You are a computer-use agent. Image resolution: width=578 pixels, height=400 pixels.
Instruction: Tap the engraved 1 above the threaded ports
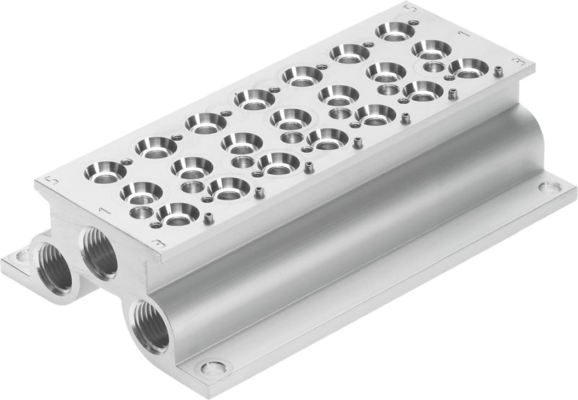pos(101,209)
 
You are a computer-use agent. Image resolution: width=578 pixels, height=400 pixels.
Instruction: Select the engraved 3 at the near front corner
pos(158,244)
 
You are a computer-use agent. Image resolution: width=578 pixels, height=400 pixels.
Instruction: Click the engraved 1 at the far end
pos(463,33)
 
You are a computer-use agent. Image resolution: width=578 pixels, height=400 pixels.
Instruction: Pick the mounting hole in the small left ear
pos(22,255)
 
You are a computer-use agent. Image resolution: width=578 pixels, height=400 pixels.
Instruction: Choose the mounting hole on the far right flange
pos(549,187)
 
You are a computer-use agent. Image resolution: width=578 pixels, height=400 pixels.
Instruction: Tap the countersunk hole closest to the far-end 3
pos(469,67)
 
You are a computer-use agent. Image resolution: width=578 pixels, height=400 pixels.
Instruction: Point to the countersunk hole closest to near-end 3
pos(177,213)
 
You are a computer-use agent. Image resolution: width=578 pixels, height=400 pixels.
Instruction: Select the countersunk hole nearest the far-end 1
pos(431,49)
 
